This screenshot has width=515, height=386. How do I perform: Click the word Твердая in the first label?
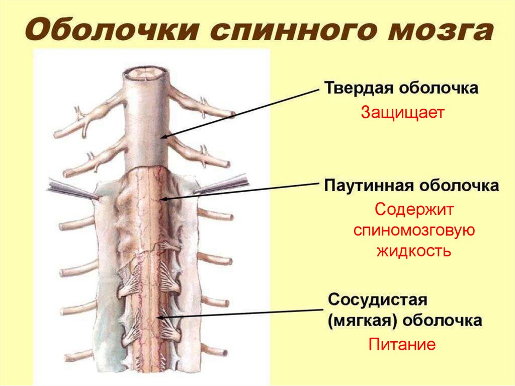click(x=358, y=88)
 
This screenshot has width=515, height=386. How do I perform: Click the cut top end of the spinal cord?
click(x=147, y=74)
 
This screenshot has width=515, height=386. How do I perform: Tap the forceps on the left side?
click(x=70, y=190)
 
